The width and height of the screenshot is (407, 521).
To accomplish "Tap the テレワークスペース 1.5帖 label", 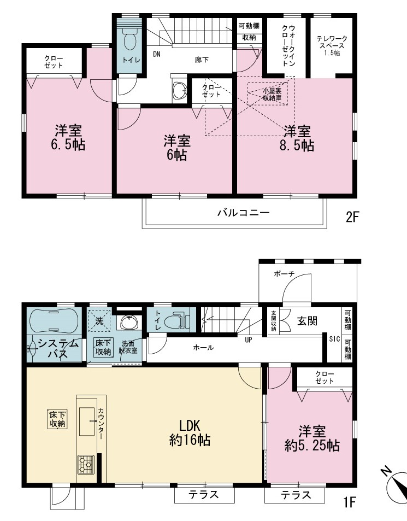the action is [x=332, y=46].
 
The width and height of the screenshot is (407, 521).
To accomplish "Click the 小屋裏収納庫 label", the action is [x=272, y=95].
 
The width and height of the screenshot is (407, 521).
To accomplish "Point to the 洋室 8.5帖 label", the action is [x=297, y=138].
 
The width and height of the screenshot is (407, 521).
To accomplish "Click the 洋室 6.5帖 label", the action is [x=69, y=138].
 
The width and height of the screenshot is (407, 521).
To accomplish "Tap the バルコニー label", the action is [x=244, y=213].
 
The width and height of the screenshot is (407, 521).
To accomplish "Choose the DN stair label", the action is [x=157, y=54].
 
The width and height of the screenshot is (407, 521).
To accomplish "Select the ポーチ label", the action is [x=284, y=274].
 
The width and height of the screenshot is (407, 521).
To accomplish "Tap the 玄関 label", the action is [x=308, y=321].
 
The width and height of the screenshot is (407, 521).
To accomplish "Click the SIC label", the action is [x=335, y=339].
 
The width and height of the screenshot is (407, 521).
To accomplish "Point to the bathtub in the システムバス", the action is [x=54, y=321].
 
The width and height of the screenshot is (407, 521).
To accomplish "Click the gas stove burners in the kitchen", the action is [x=86, y=465].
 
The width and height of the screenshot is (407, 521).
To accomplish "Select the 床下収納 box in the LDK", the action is [x=57, y=419].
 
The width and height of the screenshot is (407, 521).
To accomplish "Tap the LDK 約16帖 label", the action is [x=190, y=432].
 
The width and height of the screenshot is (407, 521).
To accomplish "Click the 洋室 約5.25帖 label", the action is [x=312, y=438].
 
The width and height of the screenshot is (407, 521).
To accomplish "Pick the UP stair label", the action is [x=249, y=340].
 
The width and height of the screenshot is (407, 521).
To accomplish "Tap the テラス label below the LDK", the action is [x=204, y=495].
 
